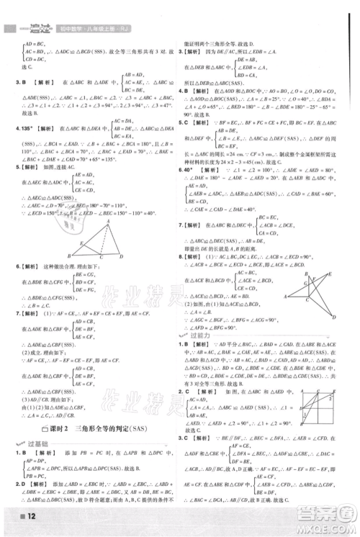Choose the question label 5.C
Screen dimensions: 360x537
[185, 124]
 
